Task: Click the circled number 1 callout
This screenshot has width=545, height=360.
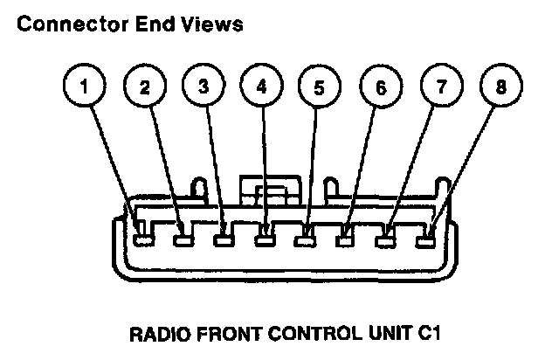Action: pyautogui.click(x=85, y=87)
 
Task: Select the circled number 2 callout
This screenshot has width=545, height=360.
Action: pyautogui.click(x=144, y=87)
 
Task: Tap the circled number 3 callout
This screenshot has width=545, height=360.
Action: pyautogui.click(x=204, y=87)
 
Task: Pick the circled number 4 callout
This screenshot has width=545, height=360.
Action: pyautogui.click(x=261, y=87)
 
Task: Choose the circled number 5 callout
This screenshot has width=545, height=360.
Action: pyautogui.click(x=318, y=87)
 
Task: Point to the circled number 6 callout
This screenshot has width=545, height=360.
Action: pyautogui.click(x=378, y=87)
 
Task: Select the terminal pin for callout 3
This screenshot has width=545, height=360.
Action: pyautogui.click(x=225, y=232)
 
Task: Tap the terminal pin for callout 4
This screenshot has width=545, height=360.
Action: pyautogui.click(x=266, y=233)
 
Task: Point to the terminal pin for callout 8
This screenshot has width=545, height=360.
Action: pyautogui.click(x=426, y=233)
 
